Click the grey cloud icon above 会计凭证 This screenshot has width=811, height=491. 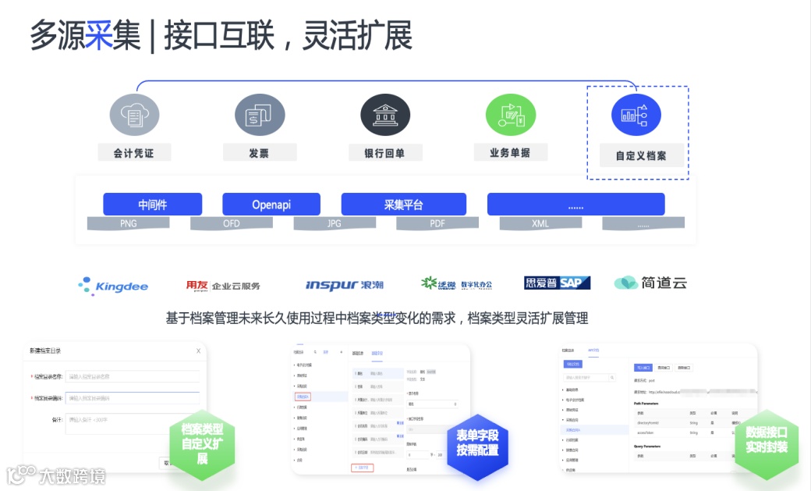click(135, 115)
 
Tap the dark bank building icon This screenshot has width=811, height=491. click(385, 115)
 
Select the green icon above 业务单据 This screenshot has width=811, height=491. click(510, 115)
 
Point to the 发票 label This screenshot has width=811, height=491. click(259, 153)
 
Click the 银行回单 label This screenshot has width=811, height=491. click(384, 153)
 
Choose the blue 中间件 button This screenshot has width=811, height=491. click(153, 205)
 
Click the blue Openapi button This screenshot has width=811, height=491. click(271, 205)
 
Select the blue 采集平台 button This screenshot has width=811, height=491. click(404, 205)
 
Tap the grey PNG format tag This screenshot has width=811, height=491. click(129, 224)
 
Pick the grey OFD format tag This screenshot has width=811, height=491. click(232, 224)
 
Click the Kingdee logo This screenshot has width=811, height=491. click(113, 286)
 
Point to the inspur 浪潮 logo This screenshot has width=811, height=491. click(344, 285)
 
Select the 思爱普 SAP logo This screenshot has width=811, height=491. click(557, 283)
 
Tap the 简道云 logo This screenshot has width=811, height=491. click(650, 283)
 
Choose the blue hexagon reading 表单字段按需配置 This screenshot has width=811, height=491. click(477, 443)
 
